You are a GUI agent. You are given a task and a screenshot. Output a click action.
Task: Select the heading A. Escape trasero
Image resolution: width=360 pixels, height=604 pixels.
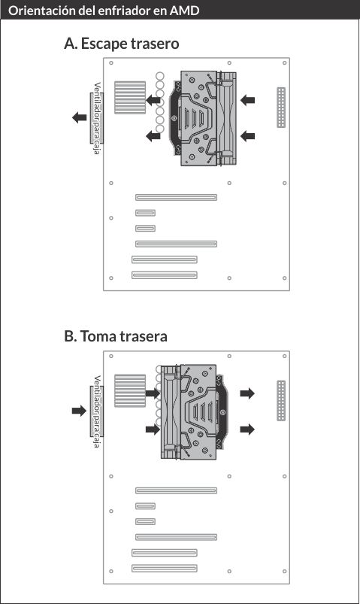click(x=121, y=44)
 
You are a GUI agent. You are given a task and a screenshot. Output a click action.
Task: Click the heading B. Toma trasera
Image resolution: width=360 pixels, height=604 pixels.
click(x=116, y=336)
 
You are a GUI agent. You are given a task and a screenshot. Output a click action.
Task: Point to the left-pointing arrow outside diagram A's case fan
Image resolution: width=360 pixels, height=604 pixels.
click(x=80, y=117)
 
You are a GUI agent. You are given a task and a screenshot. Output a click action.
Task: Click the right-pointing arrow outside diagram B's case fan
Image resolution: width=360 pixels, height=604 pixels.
click(x=80, y=411)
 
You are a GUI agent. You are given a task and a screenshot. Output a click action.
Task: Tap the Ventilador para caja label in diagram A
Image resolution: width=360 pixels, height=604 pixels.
click(x=97, y=118)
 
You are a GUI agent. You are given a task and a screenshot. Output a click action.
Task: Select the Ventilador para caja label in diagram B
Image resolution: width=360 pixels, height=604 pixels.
click(x=97, y=411)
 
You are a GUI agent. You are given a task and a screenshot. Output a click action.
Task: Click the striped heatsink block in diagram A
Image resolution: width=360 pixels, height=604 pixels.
click(x=130, y=98)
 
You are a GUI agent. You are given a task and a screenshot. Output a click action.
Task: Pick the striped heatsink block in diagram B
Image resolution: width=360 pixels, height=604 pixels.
click(x=130, y=390)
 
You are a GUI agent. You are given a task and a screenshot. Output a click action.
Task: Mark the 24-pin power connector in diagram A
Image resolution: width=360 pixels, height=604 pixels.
click(x=281, y=108)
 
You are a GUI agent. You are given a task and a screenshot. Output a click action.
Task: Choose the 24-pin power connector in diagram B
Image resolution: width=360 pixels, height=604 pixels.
click(x=281, y=401)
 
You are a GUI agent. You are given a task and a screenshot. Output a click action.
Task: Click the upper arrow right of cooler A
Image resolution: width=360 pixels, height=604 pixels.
click(x=247, y=100)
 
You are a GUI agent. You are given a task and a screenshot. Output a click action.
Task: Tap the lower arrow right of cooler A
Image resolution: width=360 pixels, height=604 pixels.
click(x=247, y=135)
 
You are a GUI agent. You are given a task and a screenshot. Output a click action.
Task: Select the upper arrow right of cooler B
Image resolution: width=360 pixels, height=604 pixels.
click(x=247, y=393)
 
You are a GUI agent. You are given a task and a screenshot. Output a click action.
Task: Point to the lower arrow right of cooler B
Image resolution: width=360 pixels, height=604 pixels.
click(x=247, y=429)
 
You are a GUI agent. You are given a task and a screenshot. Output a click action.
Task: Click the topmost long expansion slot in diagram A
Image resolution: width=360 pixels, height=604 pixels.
click(x=176, y=197)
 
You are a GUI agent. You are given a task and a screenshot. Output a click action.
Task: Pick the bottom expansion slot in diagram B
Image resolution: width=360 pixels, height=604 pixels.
click(x=165, y=568)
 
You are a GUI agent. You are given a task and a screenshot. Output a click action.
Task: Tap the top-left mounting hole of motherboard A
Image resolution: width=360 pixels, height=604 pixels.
click(x=111, y=62)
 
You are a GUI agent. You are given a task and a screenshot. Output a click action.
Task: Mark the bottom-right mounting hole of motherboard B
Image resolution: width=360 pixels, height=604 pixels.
click(x=285, y=571)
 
